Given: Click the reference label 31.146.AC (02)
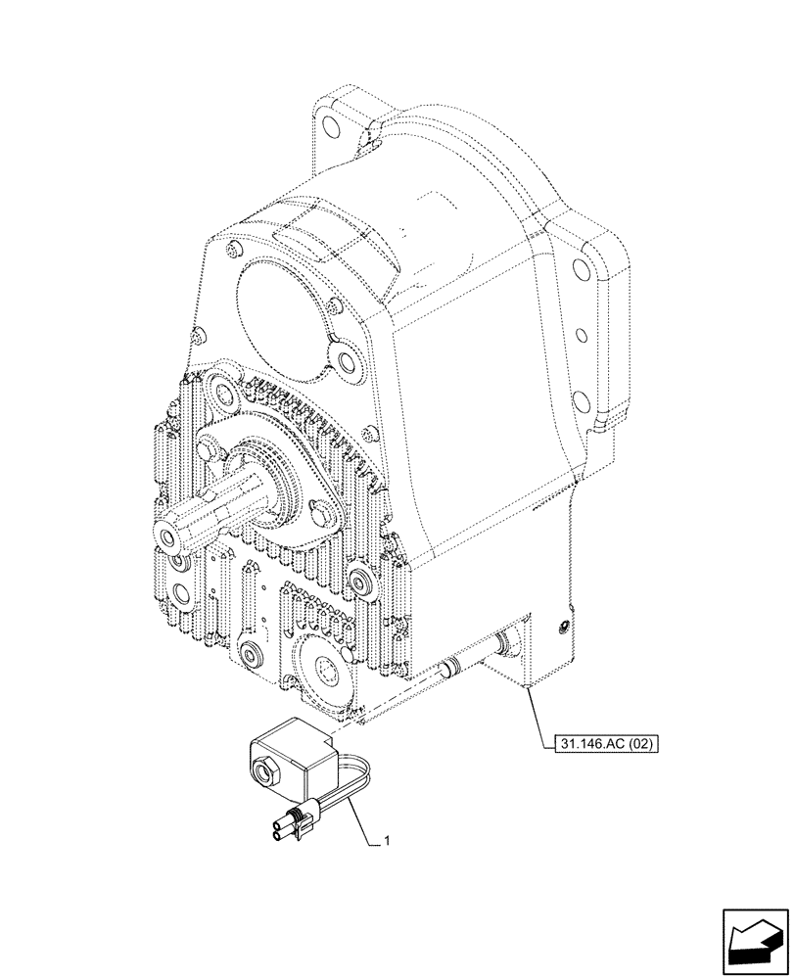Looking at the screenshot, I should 600,743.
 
